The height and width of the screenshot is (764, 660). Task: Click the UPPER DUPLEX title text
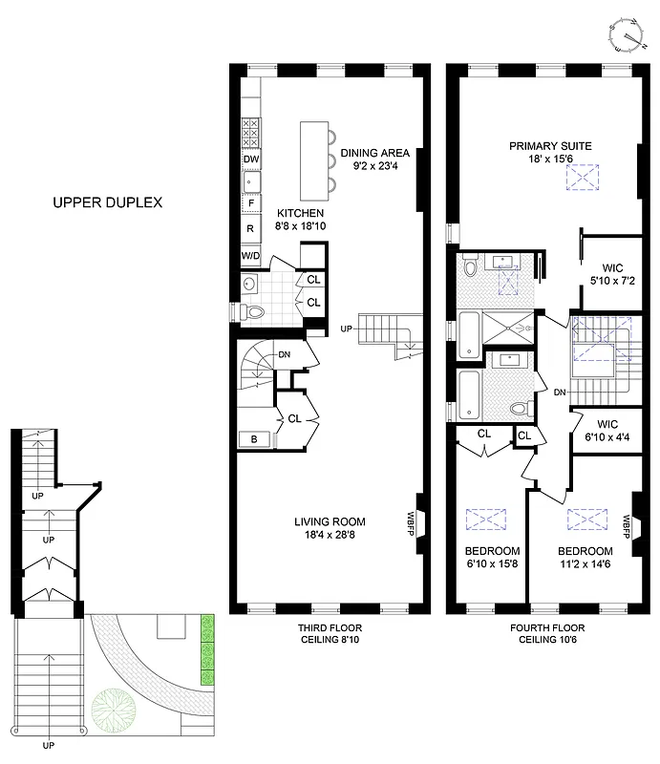click(108, 202)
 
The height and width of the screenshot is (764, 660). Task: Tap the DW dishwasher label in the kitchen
click(250, 159)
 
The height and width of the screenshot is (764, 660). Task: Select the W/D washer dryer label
click(250, 257)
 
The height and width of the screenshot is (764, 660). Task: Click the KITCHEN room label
click(301, 213)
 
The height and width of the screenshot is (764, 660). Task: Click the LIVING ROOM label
click(330, 521)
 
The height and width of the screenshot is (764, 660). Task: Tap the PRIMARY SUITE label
click(549, 146)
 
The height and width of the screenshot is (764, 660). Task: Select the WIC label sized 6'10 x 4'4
click(606, 423)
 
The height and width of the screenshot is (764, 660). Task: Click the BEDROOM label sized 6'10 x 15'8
click(492, 551)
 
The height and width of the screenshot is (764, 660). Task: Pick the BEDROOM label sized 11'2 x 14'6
click(585, 551)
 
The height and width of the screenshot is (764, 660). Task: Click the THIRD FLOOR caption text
click(330, 628)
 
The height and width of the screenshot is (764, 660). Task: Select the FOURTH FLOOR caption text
click(547, 628)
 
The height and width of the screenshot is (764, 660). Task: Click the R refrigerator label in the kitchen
click(250, 229)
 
